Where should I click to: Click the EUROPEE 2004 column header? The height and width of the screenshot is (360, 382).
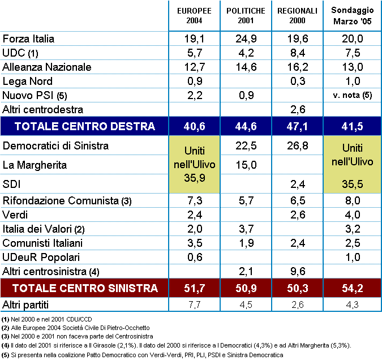point(194,16)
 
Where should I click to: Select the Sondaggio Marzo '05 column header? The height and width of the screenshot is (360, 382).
point(352,16)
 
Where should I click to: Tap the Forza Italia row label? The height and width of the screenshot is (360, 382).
point(28,38)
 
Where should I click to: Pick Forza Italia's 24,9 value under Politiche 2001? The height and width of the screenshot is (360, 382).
point(246,38)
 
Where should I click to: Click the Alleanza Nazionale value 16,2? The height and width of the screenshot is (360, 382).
point(298,67)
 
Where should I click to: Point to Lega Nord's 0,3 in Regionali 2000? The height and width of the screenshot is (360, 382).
point(298,81)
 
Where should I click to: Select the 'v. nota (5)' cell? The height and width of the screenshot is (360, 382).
point(352,95)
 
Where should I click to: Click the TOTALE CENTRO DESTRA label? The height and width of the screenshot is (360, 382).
point(85,126)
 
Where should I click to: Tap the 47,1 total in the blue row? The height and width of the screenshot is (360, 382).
point(297,126)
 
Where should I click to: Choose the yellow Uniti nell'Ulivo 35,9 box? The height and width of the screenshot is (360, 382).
point(195,164)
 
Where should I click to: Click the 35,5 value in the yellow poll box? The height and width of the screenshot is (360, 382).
point(352,184)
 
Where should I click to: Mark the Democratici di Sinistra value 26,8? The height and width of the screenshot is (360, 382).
point(298,146)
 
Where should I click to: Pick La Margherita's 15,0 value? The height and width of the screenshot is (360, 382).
point(246,165)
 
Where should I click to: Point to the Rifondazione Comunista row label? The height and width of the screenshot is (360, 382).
point(67,201)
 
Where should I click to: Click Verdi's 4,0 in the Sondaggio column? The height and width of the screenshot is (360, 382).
point(353,215)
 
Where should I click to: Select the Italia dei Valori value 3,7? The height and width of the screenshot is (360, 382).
point(246,229)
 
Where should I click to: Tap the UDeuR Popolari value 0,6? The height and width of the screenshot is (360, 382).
point(195,257)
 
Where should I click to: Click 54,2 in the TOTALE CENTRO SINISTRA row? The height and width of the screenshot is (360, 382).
point(352,288)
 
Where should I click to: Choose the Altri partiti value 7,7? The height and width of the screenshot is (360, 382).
point(195,305)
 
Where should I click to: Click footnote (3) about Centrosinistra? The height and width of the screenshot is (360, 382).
point(77,336)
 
